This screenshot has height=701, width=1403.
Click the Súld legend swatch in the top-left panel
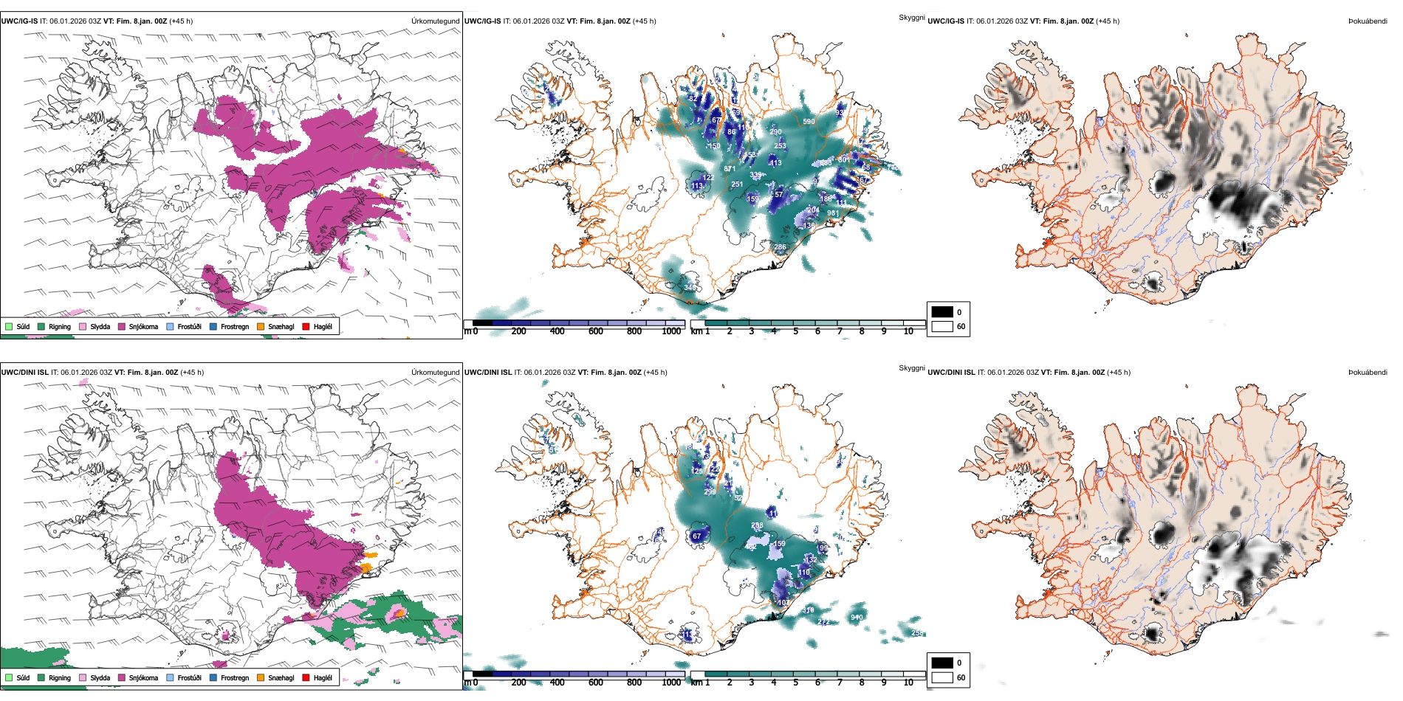pyautogui.click(x=9, y=326)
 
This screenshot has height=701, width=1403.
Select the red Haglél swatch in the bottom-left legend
pyautogui.click(x=306, y=677)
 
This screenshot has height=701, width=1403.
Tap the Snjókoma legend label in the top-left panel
pyautogui.click(x=143, y=326)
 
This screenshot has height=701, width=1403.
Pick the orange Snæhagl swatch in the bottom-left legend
pyautogui.click(x=261, y=677)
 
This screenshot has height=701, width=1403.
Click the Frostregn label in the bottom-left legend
pyautogui.click(x=235, y=677)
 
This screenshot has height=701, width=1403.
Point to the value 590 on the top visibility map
pyautogui.click(x=809, y=122)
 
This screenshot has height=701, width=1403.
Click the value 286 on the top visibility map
pyautogui.click(x=780, y=247)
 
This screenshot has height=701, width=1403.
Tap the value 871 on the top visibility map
pyautogui.click(x=730, y=169)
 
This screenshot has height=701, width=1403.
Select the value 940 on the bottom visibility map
pyautogui.click(x=857, y=617)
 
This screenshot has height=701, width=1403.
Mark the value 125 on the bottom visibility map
pyautogui.click(x=696, y=471)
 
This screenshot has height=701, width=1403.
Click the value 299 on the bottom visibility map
pyautogui.click(x=710, y=491)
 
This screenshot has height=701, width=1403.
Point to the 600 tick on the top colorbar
pyautogui.click(x=595, y=331)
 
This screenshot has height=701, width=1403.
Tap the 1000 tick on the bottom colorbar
pyautogui.click(x=671, y=683)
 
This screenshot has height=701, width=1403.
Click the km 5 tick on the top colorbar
pyautogui.click(x=795, y=331)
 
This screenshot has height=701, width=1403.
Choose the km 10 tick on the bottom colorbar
pyautogui.click(x=908, y=683)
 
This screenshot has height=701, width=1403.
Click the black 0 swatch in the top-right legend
pyautogui.click(x=942, y=312)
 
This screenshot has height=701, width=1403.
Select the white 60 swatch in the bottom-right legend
pyautogui.click(x=942, y=677)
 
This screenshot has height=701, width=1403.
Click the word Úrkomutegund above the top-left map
pyautogui.click(x=435, y=21)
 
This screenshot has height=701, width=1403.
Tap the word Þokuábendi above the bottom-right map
pyautogui.click(x=1368, y=372)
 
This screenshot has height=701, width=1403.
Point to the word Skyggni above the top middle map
pyautogui.click(x=911, y=17)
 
